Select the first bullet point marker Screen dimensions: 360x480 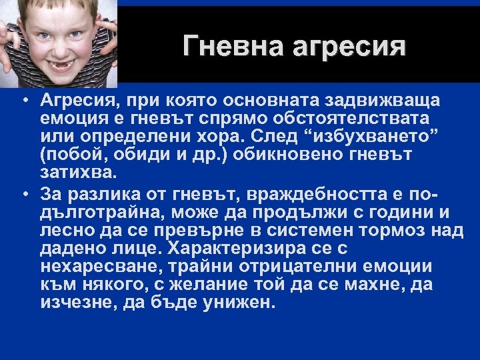[23, 101]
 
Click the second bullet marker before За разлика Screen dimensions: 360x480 [23, 194]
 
